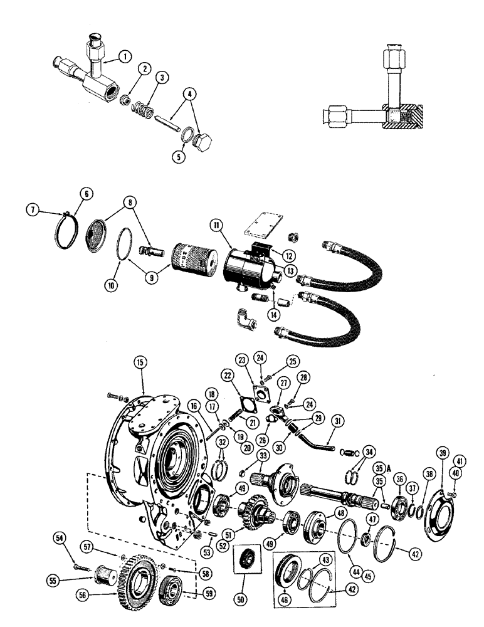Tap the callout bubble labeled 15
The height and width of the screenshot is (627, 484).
(140, 361)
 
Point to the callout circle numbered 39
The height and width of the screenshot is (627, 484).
(443, 454)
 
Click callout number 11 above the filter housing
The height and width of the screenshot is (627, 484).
(216, 224)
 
